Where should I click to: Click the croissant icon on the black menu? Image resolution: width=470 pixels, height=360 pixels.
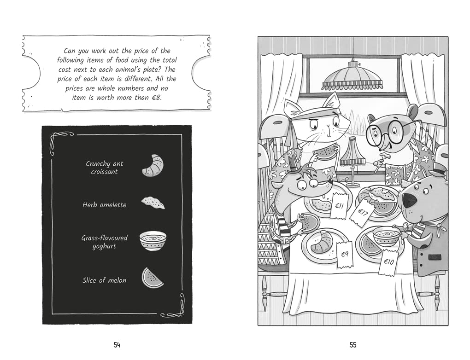pyautogui.click(x=153, y=165)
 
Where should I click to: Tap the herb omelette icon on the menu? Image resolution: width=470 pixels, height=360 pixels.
pyautogui.click(x=153, y=203)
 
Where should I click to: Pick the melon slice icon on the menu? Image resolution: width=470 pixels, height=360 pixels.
pyautogui.click(x=153, y=278)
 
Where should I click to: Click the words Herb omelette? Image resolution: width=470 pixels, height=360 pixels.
pyautogui.click(x=104, y=205)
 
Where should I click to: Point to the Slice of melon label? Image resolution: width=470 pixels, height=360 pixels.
pyautogui.click(x=104, y=280)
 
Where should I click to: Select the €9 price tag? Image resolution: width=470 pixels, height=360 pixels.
pyautogui.click(x=345, y=254)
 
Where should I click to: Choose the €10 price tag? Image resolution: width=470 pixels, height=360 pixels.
pyautogui.click(x=388, y=262)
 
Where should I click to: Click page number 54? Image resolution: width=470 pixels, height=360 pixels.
pyautogui.click(x=117, y=345)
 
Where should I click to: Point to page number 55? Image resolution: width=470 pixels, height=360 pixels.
pyautogui.click(x=353, y=345)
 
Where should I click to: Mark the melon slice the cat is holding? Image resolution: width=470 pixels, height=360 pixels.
pyautogui.click(x=324, y=153)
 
